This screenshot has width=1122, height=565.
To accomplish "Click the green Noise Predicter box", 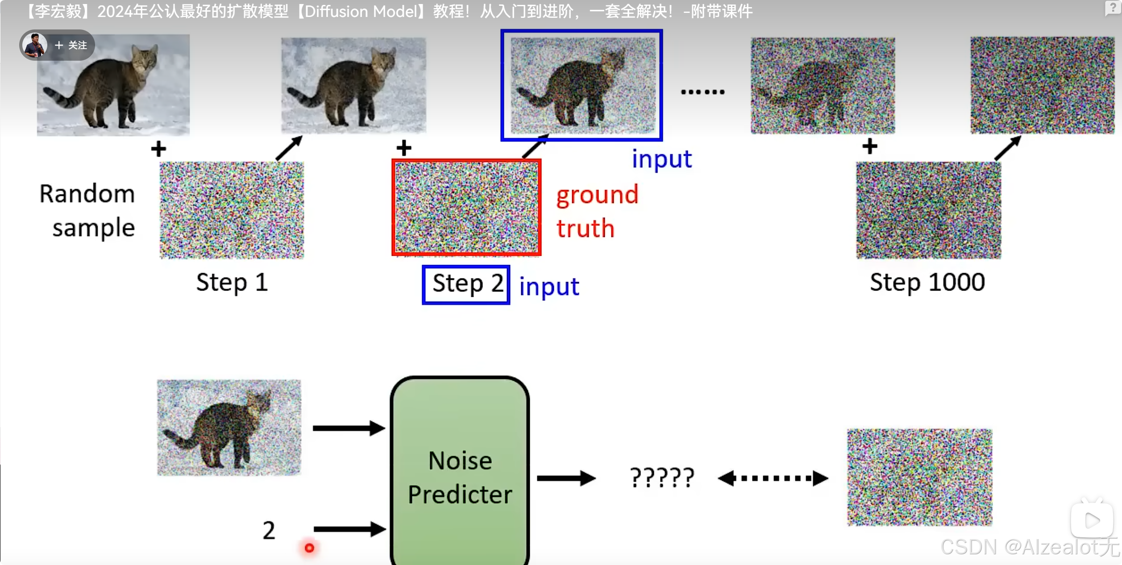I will (460, 473).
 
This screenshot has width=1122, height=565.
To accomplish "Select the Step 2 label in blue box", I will (466, 284).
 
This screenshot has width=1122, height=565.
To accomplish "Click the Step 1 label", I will (232, 282).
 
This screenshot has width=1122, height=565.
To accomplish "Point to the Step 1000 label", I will (927, 282).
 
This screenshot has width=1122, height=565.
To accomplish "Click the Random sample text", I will (87, 211).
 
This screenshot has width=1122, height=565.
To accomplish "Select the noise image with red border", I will (466, 208).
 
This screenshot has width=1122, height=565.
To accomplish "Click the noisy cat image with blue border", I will (582, 85).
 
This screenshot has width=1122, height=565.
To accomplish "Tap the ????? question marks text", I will (662, 478).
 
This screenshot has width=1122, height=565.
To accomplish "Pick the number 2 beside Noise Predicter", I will (269, 531).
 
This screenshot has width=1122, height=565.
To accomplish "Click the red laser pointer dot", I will (309, 548).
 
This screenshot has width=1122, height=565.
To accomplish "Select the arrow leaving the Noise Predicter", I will (566, 478).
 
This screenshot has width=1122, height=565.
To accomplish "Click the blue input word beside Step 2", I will (549, 287).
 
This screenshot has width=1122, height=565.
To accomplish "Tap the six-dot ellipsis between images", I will (702, 92).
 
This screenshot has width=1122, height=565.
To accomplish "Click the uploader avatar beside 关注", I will (35, 45).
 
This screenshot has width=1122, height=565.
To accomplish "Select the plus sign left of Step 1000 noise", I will (869, 146).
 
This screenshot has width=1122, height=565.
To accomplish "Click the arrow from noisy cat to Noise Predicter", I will (349, 428).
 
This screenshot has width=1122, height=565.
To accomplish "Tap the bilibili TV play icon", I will (1091, 520).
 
